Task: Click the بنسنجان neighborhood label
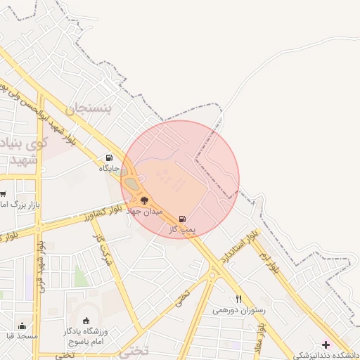click(89, 110)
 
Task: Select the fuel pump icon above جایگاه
click(108, 157)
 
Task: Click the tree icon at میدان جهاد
click(144, 200)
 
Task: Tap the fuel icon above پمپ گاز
click(183, 219)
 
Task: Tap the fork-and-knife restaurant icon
click(238, 299)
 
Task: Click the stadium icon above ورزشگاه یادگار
click(86, 321)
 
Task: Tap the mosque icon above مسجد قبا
click(22, 326)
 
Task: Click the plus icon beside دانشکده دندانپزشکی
click(325, 344)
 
